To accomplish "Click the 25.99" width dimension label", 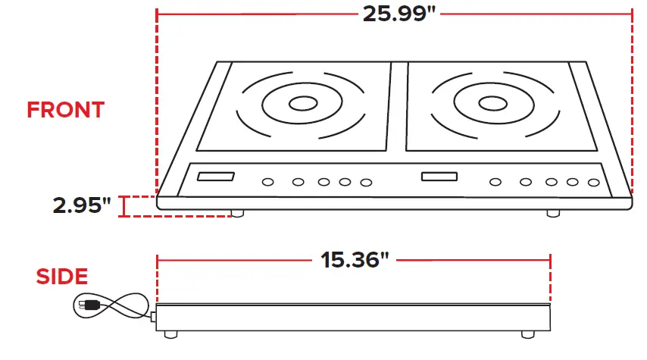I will pyautogui.click(x=394, y=13).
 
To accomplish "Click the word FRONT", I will pyautogui.click(x=65, y=110).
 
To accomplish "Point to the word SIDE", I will pyautogui.click(x=62, y=277).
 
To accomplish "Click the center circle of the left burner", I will pyautogui.click(x=302, y=104).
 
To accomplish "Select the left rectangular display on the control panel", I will pyautogui.click(x=215, y=177).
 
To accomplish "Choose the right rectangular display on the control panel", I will pyautogui.click(x=440, y=177).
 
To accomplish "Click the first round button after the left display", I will pyautogui.click(x=268, y=182).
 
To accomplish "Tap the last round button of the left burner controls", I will pyautogui.click(x=367, y=182).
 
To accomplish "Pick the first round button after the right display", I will pyautogui.click(x=495, y=182).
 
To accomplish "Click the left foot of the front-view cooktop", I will pyautogui.click(x=238, y=214).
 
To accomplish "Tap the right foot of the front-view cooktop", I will pyautogui.click(x=555, y=214).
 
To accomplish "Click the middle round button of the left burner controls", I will pyautogui.click(x=324, y=182).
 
